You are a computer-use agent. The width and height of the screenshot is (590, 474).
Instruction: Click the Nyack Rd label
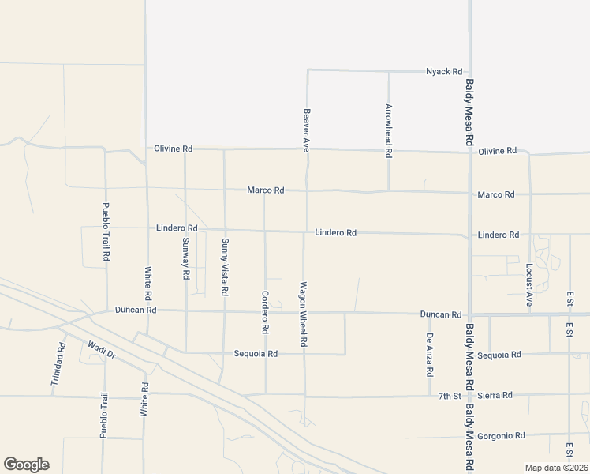[x=443, y=71]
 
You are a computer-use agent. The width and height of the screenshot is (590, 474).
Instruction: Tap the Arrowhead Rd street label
[x=388, y=131]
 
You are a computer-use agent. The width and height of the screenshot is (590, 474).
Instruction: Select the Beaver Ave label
[x=307, y=130]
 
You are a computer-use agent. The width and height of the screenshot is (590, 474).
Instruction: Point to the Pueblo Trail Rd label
[x=105, y=232]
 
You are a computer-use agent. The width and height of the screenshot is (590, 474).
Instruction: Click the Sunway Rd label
[x=185, y=259]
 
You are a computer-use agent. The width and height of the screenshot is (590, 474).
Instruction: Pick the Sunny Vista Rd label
[x=225, y=267]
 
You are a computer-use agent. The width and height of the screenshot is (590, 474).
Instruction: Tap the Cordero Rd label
[x=265, y=311]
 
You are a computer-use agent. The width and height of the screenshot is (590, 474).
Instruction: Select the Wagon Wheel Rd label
[x=303, y=314]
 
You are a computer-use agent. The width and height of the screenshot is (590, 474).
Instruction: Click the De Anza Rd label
[x=430, y=353]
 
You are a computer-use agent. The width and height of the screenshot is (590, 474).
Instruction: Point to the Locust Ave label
[x=529, y=284]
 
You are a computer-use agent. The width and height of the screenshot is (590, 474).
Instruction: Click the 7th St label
[x=450, y=395]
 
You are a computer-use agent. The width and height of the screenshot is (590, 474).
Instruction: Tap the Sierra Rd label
[x=497, y=395]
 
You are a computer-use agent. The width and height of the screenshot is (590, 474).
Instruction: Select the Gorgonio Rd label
[x=504, y=435]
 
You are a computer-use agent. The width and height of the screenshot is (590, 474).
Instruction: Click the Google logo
[x=26, y=465]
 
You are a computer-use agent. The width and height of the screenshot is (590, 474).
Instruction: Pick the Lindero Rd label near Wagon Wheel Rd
[x=336, y=233]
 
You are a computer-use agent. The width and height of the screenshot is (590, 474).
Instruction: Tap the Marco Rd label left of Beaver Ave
[x=265, y=190]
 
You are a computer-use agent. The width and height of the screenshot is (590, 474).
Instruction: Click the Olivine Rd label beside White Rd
[x=174, y=149]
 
